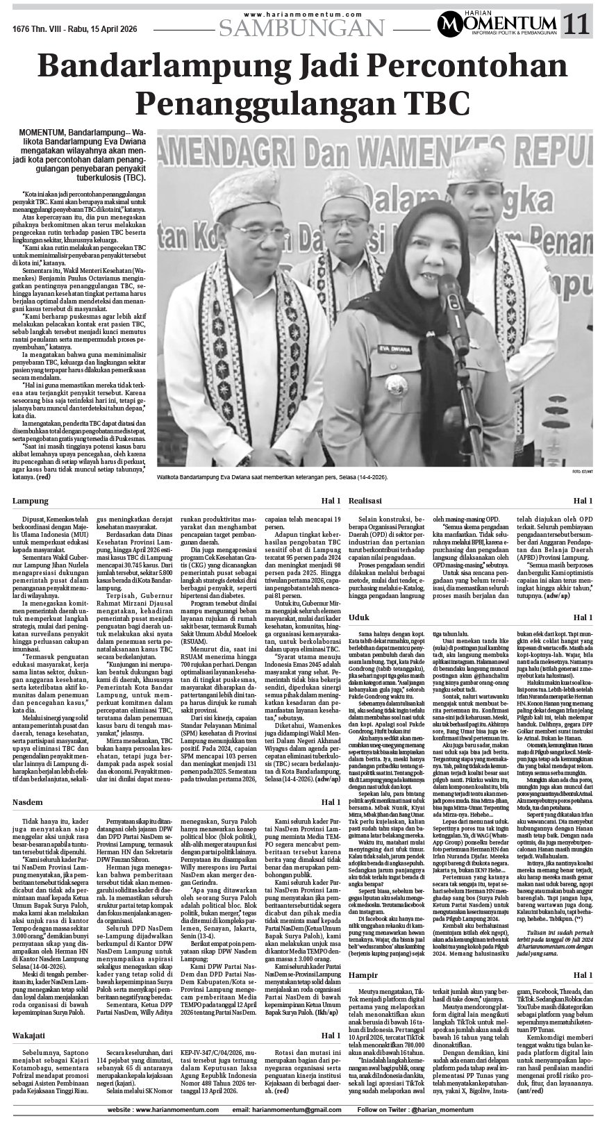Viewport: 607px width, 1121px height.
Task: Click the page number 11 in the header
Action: click(x=577, y=25)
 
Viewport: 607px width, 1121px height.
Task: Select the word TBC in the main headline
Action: click(x=431, y=103)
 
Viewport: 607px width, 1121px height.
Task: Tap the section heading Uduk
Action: click(x=358, y=617)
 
